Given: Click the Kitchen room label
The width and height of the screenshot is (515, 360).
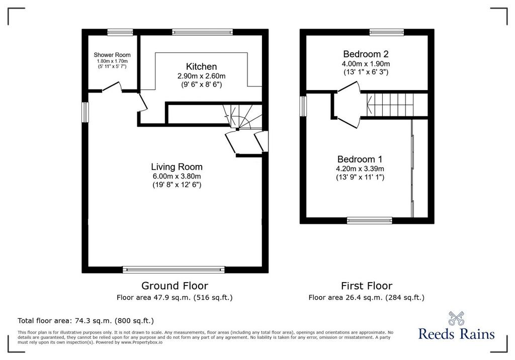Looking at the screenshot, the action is point(201,67).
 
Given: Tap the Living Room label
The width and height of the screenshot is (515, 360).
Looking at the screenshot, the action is point(177,167).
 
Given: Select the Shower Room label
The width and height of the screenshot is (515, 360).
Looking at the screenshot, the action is point(112,55).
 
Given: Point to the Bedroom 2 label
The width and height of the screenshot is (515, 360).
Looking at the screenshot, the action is point(366,54).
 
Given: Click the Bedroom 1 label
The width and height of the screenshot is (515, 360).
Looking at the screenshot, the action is point(360,159).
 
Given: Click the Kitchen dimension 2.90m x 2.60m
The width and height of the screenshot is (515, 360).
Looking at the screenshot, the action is point(201,76).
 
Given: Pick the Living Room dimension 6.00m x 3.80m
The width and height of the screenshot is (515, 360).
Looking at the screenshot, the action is point(177,176).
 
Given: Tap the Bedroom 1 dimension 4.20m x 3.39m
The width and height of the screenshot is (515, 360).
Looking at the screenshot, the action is point(360,169).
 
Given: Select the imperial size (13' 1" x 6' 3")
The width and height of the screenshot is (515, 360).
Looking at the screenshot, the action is point(366,72).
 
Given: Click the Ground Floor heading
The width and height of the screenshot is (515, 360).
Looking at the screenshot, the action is point(175,286).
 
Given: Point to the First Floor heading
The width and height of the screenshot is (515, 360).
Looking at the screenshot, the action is point(367,286).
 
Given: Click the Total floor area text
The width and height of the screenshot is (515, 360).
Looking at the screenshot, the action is point(85,321).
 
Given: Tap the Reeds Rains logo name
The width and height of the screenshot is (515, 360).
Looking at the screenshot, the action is point(457,334).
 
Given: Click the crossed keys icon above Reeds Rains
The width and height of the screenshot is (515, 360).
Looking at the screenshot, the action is point(456,318).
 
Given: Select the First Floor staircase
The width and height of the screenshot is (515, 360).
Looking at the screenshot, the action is point(394,105).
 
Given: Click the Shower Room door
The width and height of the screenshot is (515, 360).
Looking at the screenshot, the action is point(112,86).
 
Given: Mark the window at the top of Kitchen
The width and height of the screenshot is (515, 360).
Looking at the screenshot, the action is point(202,32).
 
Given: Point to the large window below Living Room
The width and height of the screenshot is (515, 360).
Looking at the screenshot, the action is point(174,269).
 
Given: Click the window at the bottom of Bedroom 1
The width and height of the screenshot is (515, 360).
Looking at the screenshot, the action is point(370,220).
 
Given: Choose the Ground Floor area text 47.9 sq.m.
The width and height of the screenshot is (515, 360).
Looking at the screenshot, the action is point(175,298).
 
